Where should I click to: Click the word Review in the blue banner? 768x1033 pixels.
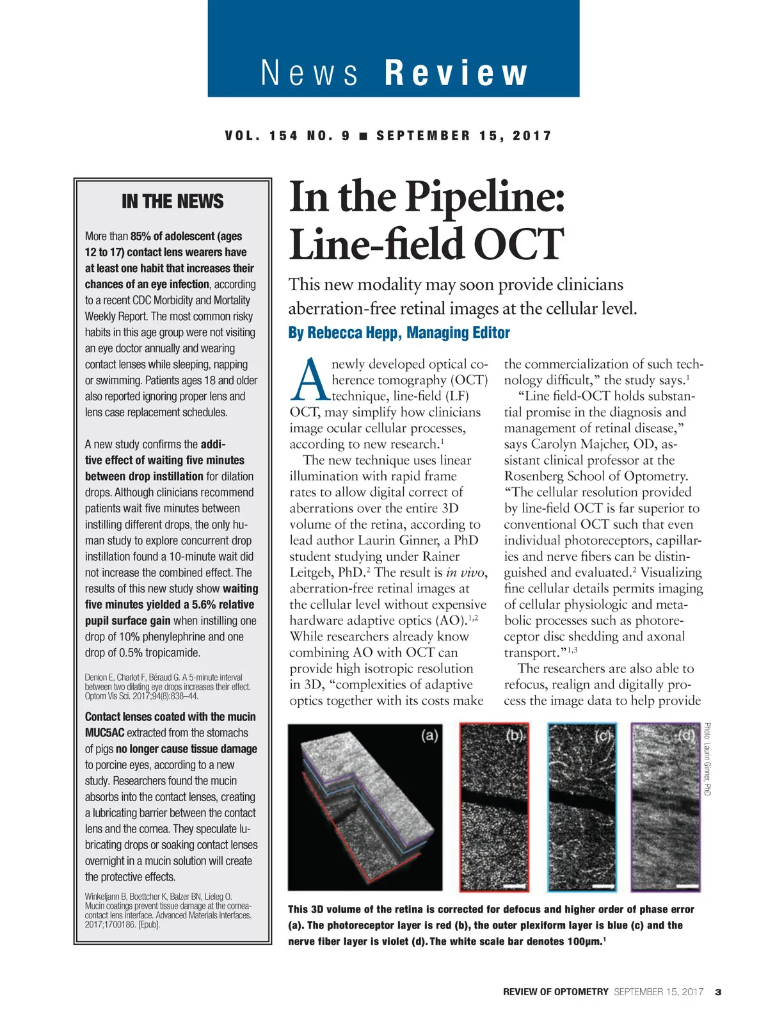click(456, 72)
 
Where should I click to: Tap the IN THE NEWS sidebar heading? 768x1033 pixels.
click(173, 202)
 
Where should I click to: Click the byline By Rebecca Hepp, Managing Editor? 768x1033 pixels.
click(399, 333)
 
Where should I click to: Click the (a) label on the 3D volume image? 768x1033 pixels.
click(429, 735)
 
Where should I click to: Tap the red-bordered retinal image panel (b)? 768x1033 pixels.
click(494, 807)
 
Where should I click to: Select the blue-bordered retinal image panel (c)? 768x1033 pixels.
click(582, 807)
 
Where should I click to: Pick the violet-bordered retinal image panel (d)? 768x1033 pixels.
click(666, 807)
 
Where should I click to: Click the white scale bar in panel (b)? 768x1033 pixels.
click(513, 886)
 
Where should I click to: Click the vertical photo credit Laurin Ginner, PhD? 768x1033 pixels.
click(707, 759)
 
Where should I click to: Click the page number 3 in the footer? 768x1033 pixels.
click(718, 992)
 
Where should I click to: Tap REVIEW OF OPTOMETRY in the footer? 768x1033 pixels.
click(556, 992)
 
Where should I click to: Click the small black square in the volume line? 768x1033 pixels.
click(363, 136)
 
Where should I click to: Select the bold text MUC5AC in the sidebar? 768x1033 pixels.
click(104, 733)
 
